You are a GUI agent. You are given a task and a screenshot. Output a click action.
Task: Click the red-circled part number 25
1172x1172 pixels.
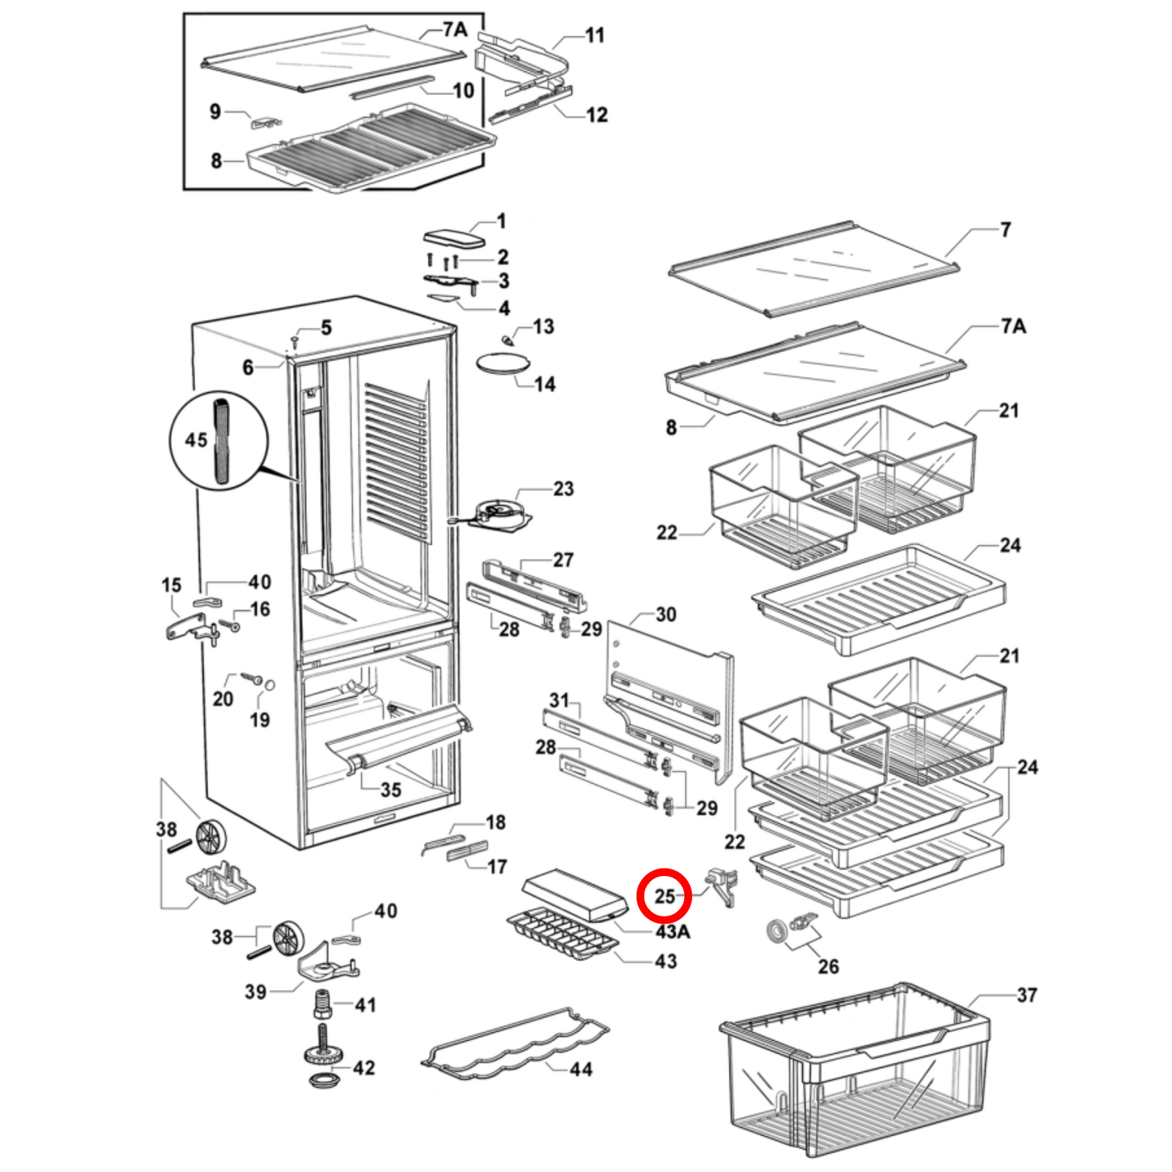click(664, 895)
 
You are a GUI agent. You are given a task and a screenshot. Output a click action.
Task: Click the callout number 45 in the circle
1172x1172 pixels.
click(196, 440)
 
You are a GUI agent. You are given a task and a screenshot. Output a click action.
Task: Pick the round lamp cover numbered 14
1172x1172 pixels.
click(502, 364)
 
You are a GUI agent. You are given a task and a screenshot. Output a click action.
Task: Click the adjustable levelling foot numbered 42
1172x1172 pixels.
click(323, 1055)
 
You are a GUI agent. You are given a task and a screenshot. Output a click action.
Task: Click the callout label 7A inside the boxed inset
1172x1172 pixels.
click(454, 29)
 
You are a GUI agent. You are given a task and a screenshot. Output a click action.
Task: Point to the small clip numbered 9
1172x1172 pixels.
click(266, 122)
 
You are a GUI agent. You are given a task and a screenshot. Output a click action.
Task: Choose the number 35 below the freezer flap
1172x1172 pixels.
click(390, 790)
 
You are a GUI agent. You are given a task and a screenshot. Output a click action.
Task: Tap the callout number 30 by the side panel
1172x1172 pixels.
click(665, 615)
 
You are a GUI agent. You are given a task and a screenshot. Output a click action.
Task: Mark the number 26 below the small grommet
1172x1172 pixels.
click(828, 967)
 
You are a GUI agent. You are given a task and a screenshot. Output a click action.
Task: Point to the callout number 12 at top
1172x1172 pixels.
click(596, 115)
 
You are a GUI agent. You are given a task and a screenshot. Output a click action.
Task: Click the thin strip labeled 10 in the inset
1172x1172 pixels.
click(392, 86)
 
